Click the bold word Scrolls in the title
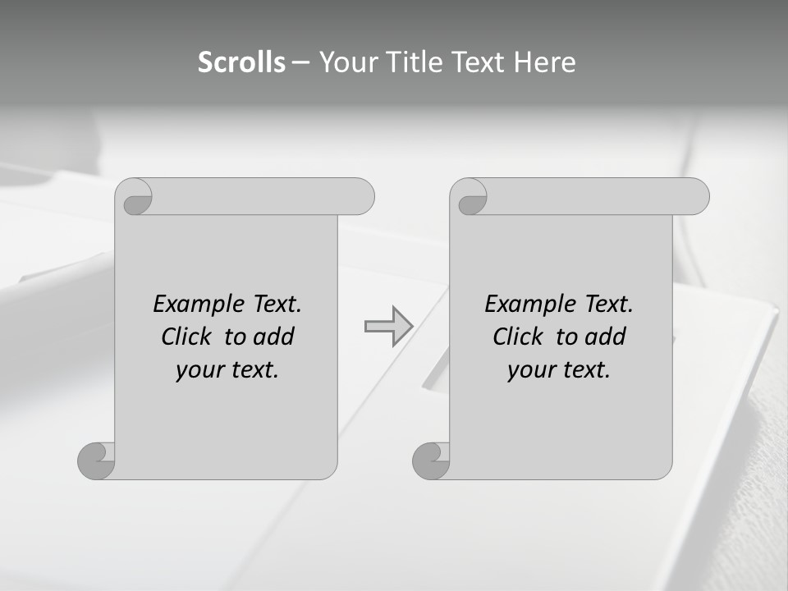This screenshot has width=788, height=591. [242, 62]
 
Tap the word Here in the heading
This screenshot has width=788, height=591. [545, 62]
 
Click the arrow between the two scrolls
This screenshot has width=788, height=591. [388, 327]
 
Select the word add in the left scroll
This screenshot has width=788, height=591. [273, 337]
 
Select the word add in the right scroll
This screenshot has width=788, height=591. [605, 337]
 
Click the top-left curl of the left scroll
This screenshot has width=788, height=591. [135, 197]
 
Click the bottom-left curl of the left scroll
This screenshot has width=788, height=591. [96, 460]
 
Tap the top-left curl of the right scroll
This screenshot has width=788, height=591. [470, 197]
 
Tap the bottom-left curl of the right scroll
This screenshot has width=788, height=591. [431, 460]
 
